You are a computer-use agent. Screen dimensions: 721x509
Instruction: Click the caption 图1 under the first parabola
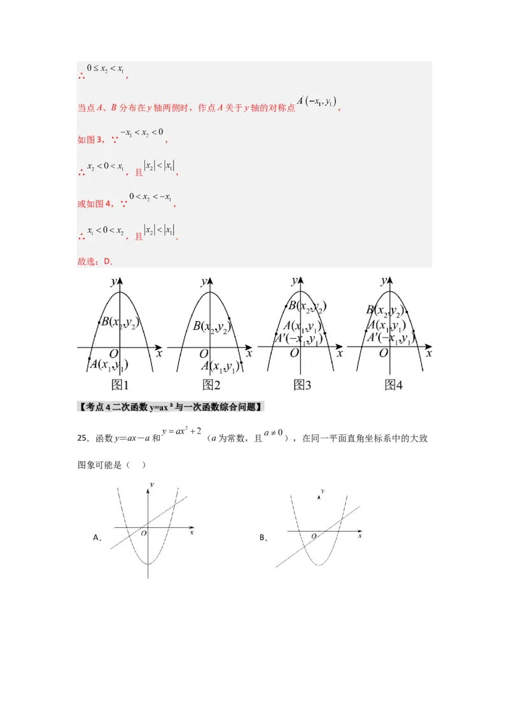[120, 385]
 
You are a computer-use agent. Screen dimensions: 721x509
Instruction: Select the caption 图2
[211, 385]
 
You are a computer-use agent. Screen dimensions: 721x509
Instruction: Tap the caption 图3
[302, 385]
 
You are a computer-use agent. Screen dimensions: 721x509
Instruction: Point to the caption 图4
[394, 385]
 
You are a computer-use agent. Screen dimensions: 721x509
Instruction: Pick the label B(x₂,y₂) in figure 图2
[212, 327]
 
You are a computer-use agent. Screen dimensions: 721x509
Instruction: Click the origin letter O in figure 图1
[114, 354]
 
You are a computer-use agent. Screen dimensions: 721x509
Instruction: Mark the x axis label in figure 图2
[249, 352]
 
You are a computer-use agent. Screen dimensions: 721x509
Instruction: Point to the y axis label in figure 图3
[294, 280]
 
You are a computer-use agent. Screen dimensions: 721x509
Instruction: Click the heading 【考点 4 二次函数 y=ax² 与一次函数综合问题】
[172, 406]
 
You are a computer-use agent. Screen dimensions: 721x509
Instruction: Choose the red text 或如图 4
[95, 204]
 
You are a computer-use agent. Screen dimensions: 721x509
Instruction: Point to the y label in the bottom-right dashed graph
[323, 491]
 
